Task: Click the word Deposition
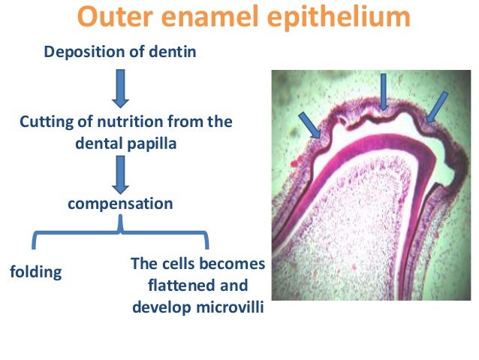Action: (82, 52)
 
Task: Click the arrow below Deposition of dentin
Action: (121, 88)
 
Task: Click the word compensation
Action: (121, 204)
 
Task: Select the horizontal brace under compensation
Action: (121, 234)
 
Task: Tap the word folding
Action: (35, 272)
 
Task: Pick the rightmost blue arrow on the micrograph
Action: (435, 106)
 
